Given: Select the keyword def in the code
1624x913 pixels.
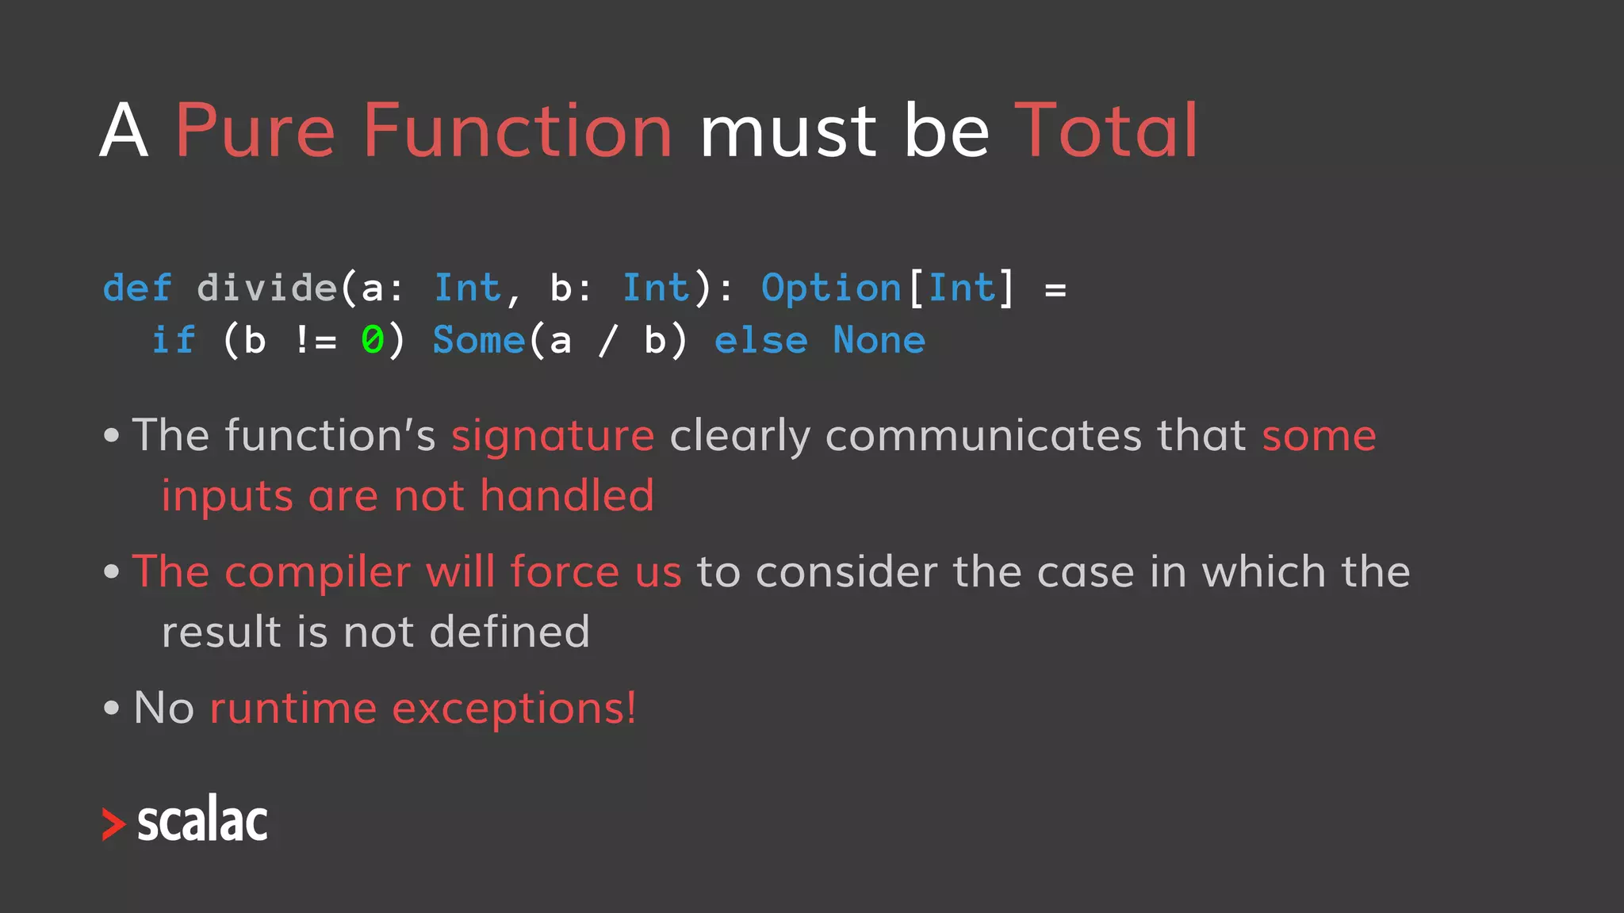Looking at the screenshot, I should pyautogui.click(x=137, y=288).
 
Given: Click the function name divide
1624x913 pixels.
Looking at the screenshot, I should pyautogui.click(x=267, y=288).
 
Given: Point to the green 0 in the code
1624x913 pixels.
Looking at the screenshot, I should pyautogui.click(x=372, y=341).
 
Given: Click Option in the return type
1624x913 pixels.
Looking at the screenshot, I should pyautogui.click(x=831, y=288).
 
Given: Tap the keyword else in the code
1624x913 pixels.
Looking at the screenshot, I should pyautogui.click(x=760, y=341).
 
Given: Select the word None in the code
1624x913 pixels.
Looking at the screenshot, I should pyautogui.click(x=879, y=341).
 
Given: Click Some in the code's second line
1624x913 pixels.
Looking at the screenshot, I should pyautogui.click(x=479, y=341).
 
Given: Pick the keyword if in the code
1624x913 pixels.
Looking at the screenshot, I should pyautogui.click(x=174, y=341).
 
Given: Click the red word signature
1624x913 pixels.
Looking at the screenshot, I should pyautogui.click(x=553, y=436).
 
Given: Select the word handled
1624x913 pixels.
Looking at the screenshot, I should pyautogui.click(x=567, y=496).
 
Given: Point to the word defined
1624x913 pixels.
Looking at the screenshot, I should pyautogui.click(x=509, y=632).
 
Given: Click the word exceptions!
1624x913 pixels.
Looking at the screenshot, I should pyautogui.click(x=514, y=708).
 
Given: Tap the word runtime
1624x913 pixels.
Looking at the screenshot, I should pyautogui.click(x=293, y=708).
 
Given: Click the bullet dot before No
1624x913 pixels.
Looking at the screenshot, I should pyautogui.click(x=112, y=708).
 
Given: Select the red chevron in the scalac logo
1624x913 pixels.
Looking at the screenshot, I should pyautogui.click(x=113, y=824).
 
